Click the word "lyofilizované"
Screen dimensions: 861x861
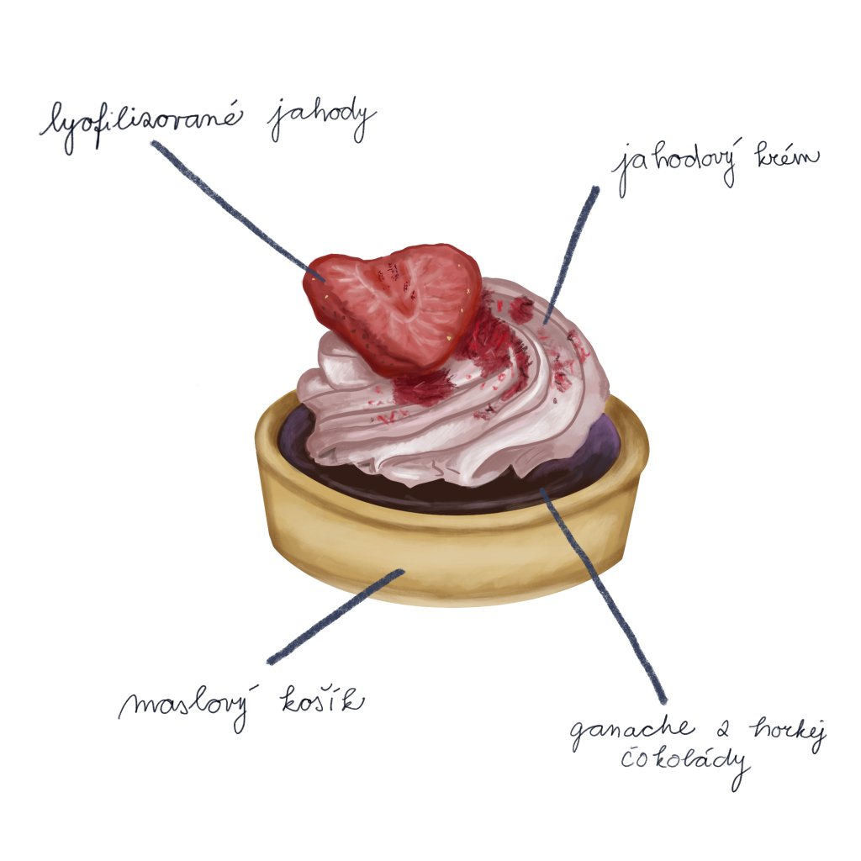139,123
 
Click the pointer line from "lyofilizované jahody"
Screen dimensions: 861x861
235,207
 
